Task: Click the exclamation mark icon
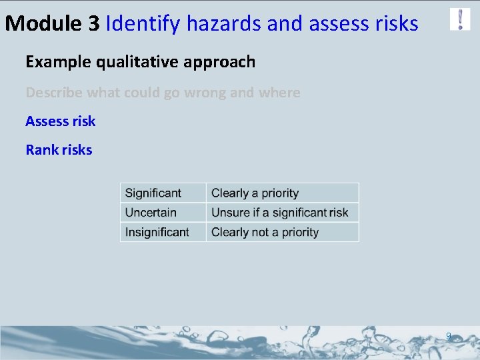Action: (460, 19)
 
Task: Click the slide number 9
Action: (449, 336)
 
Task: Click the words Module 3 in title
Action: (53, 24)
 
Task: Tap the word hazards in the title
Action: (224, 24)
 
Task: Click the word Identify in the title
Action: (143, 24)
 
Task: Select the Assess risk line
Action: (61, 121)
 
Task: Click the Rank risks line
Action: (59, 150)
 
